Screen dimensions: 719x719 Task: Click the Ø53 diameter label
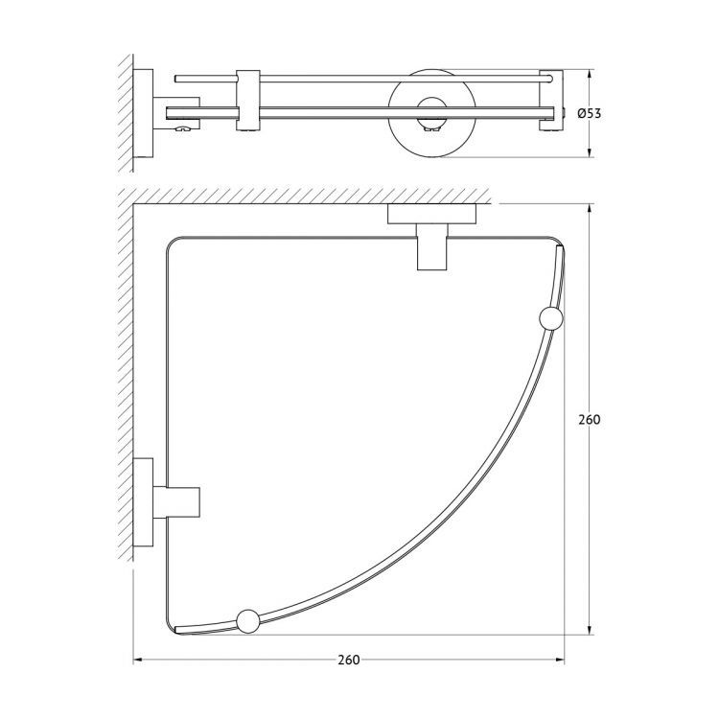click(x=590, y=113)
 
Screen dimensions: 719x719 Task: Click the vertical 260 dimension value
click(x=590, y=420)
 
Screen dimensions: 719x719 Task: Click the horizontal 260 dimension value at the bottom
click(x=349, y=660)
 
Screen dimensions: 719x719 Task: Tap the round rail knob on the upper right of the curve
click(x=551, y=318)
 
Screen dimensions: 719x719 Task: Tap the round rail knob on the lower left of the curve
click(x=248, y=622)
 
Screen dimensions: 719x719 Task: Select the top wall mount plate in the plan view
click(x=432, y=214)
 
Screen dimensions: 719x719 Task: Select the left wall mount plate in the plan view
click(x=143, y=502)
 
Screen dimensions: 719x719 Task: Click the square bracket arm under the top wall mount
click(x=432, y=246)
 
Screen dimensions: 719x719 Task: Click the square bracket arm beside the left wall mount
click(x=176, y=502)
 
